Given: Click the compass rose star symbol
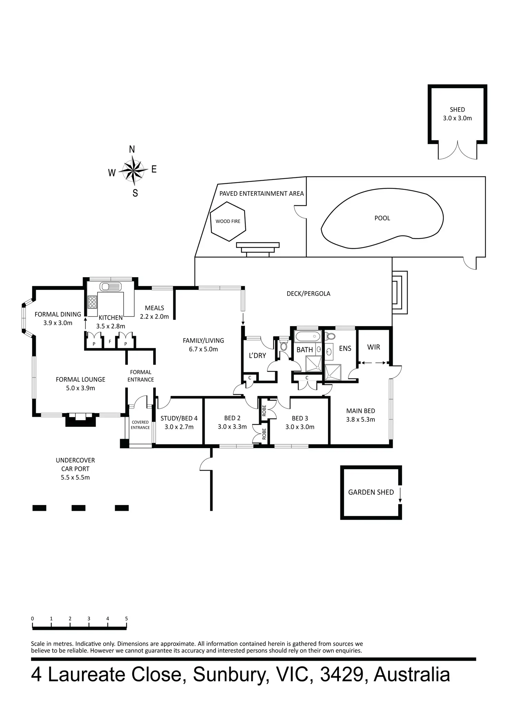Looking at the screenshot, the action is (x=133, y=170).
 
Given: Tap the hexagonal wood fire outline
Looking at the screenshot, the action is (x=228, y=221).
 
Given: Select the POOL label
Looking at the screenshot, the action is (x=382, y=218).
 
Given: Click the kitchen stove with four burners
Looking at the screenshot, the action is (x=92, y=302).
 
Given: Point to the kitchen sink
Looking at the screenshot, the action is (x=111, y=286).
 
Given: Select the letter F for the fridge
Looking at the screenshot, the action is (x=110, y=342).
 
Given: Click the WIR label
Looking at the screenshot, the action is (x=373, y=347).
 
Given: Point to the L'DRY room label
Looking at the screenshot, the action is (x=257, y=355).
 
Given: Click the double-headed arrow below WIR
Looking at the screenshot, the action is (x=373, y=363).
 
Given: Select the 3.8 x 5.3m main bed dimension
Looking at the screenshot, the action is (x=361, y=419).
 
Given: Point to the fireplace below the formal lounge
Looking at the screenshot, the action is (x=80, y=419).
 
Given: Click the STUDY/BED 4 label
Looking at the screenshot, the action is (x=179, y=418).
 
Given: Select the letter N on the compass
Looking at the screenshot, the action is (x=132, y=150).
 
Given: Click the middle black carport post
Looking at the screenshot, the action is (x=78, y=508).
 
